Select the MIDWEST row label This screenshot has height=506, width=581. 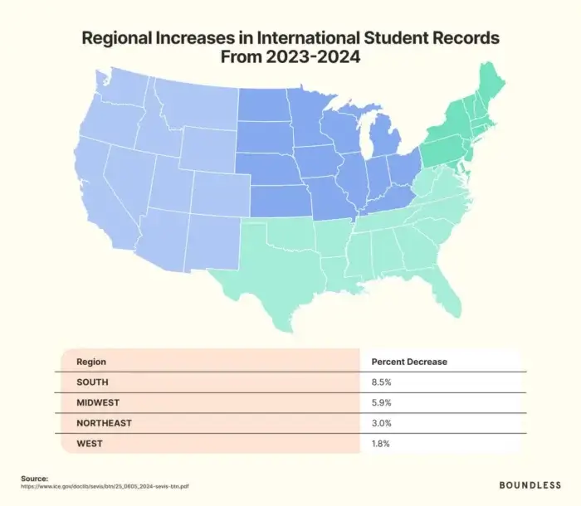click(97, 402)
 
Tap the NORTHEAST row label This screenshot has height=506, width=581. click(104, 423)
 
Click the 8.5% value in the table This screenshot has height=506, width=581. click(382, 382)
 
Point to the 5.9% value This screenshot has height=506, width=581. click(382, 402)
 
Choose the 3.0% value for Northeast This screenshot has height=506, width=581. click(382, 423)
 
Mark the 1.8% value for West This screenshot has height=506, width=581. click(381, 444)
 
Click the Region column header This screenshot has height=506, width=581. click(90, 362)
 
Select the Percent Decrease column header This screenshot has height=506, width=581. click(409, 362)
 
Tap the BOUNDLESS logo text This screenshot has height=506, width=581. click(529, 484)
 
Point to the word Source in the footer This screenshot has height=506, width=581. click(35, 478)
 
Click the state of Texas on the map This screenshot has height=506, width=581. click(274, 257)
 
